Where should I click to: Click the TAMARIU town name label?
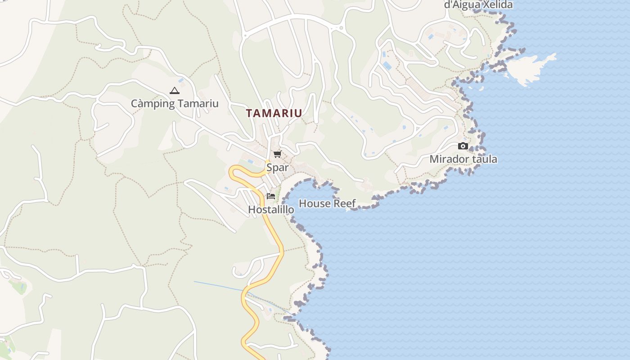[274, 113]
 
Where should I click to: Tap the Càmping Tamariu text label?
[175, 103]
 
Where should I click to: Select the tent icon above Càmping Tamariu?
[174, 90]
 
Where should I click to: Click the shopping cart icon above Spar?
[277, 154]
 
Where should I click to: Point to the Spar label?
[277, 168]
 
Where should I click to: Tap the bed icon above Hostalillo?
[270, 196]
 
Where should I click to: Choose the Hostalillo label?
[271, 210]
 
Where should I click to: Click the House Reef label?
[327, 203]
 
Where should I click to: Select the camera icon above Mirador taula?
[463, 146]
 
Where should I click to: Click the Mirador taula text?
[463, 159]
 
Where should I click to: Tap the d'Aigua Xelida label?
[478, 5]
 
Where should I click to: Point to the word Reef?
[345, 203]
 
